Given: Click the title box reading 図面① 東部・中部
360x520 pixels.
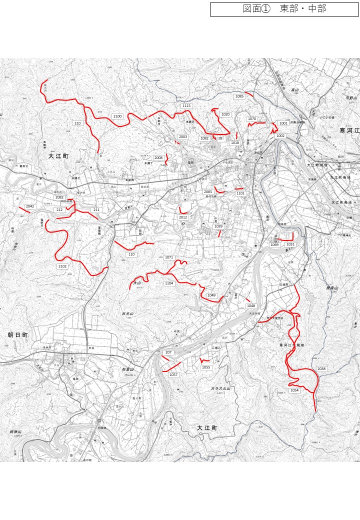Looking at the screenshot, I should pos(284,9).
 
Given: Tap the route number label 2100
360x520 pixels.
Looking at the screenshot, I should pos(117,116).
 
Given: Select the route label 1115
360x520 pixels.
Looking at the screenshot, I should pos(186,106).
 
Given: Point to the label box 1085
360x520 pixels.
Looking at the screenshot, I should pos(239,96).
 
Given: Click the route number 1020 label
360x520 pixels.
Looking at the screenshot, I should pos(225,114).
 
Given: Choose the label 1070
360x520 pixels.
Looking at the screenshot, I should pos(252,119).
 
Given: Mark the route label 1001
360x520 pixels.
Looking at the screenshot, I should pos(283,123).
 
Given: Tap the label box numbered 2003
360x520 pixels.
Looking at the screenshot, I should pos(183,137).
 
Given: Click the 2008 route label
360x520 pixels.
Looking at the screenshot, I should pos(158,158).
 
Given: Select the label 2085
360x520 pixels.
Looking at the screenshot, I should pos(208,192).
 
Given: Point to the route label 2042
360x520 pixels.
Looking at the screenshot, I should pos(30,206).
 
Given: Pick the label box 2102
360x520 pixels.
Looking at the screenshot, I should pos(62,266).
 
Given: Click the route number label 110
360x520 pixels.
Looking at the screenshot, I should pos(131,254).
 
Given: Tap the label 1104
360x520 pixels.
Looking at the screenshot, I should pos(169,283).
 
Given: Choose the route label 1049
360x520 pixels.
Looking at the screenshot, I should pos(211,295).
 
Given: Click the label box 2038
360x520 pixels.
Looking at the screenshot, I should pos(321,369).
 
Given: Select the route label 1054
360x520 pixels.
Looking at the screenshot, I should pos(294,390).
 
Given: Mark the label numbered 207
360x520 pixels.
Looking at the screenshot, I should pos(168,352).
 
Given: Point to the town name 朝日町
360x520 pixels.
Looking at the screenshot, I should pos(18,335).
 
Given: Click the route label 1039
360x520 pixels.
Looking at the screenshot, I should pos(218,226).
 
